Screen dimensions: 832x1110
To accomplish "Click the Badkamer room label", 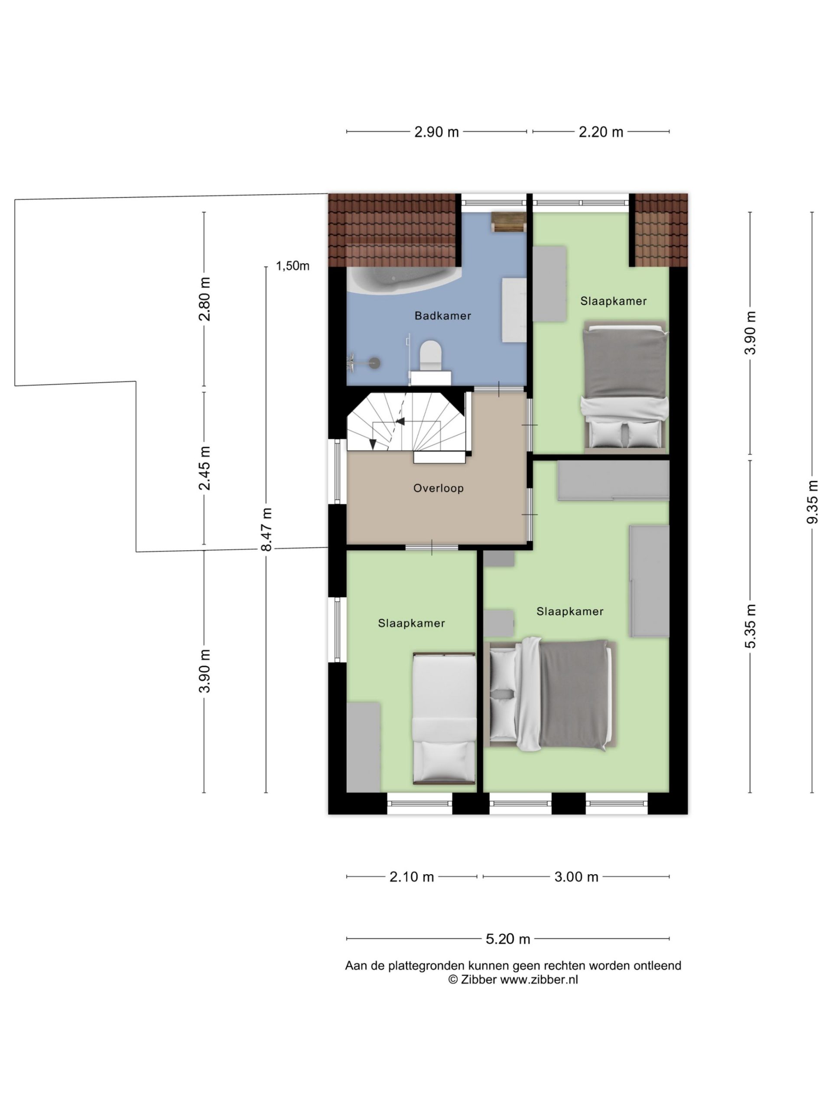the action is [x=442, y=316].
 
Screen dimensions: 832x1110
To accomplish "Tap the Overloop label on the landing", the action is [x=439, y=488].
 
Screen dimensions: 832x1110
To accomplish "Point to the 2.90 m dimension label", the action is [x=436, y=132].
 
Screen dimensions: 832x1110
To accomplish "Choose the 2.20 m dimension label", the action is [x=601, y=132].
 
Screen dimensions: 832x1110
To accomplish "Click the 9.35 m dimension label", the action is [x=812, y=502].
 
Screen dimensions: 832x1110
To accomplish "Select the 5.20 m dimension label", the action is [x=507, y=939].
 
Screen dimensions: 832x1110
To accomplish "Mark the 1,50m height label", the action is [x=292, y=266].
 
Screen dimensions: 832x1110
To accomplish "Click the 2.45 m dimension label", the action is [x=204, y=468].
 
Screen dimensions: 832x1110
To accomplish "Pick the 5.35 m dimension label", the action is [x=750, y=626].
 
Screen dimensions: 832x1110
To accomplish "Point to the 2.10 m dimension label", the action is [x=411, y=877].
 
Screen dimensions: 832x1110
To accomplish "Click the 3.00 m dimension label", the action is [x=576, y=877].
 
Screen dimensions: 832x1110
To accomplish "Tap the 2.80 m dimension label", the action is [x=204, y=299].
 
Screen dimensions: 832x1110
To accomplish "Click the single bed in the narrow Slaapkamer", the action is [x=444, y=718].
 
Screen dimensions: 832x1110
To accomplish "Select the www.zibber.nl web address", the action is [x=539, y=979].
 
